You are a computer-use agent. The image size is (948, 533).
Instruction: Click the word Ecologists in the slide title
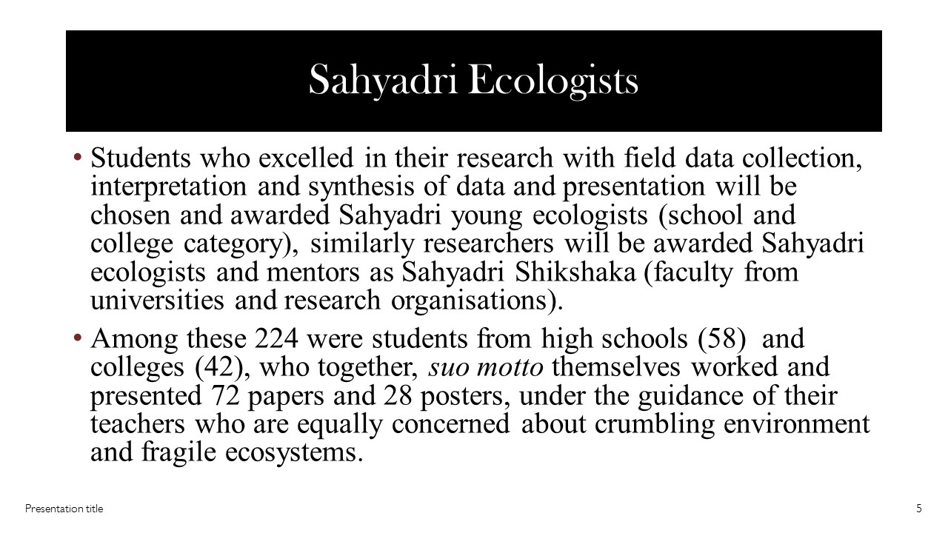[554, 81]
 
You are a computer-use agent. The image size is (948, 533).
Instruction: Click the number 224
[276, 339]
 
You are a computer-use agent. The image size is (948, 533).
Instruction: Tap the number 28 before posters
[398, 396]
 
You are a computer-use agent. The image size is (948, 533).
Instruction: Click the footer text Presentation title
[64, 509]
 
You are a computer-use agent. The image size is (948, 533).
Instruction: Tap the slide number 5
[919, 509]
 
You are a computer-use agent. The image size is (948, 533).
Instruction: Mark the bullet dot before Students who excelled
[78, 158]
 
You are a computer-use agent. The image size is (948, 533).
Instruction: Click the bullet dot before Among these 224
[78, 339]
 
